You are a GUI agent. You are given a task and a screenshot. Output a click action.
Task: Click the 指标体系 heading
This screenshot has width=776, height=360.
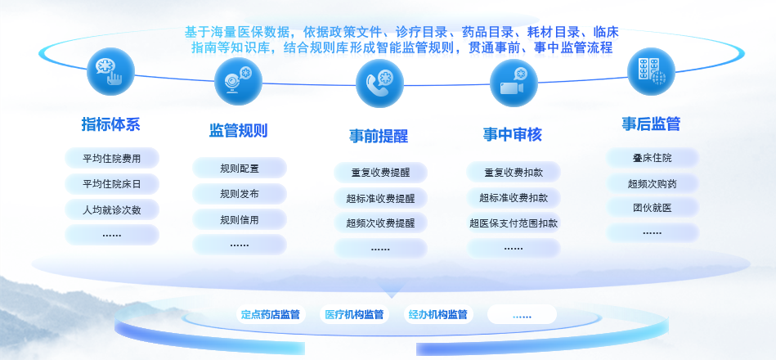pos(111,124)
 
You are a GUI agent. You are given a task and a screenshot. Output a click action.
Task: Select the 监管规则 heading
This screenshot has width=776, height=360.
pos(239,131)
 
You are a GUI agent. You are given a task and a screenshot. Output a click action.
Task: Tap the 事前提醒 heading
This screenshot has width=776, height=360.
pos(379,136)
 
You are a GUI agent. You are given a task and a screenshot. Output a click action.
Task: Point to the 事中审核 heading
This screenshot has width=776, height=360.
pos(513,135)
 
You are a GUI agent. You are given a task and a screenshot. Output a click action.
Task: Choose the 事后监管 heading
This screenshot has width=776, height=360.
pos(651,124)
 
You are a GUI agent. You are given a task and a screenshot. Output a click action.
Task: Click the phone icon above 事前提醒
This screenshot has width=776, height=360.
pos(379,83)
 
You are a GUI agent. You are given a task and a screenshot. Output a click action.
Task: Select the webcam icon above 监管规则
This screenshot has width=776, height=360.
pos(238,82)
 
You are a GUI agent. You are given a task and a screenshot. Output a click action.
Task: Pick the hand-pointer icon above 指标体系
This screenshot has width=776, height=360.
pos(111,71)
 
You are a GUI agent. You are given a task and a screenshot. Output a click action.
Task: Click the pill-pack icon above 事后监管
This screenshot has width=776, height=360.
pos(651,71)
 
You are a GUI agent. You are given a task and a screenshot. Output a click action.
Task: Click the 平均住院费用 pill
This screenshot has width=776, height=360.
pos(112,159)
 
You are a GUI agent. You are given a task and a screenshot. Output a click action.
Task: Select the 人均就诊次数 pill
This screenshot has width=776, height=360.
pos(112,210)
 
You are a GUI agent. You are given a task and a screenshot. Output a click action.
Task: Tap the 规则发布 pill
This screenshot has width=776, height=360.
pos(240,194)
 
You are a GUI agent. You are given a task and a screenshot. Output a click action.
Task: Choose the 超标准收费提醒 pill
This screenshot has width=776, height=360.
pos(380,199)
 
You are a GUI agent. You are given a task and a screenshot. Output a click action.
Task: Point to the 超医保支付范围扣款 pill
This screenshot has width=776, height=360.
pos(514,223)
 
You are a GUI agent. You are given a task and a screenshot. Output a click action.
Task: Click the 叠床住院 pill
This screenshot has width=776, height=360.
pos(653,158)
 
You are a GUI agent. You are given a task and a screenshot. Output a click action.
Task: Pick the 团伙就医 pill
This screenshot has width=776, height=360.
pos(653,208)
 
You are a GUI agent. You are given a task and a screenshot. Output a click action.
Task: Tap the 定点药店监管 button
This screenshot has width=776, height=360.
pos(271,314)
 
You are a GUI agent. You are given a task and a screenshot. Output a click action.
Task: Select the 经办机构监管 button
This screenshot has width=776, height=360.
pos(438,314)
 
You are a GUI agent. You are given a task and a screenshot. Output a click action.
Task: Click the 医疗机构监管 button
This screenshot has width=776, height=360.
pos(354,314)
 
